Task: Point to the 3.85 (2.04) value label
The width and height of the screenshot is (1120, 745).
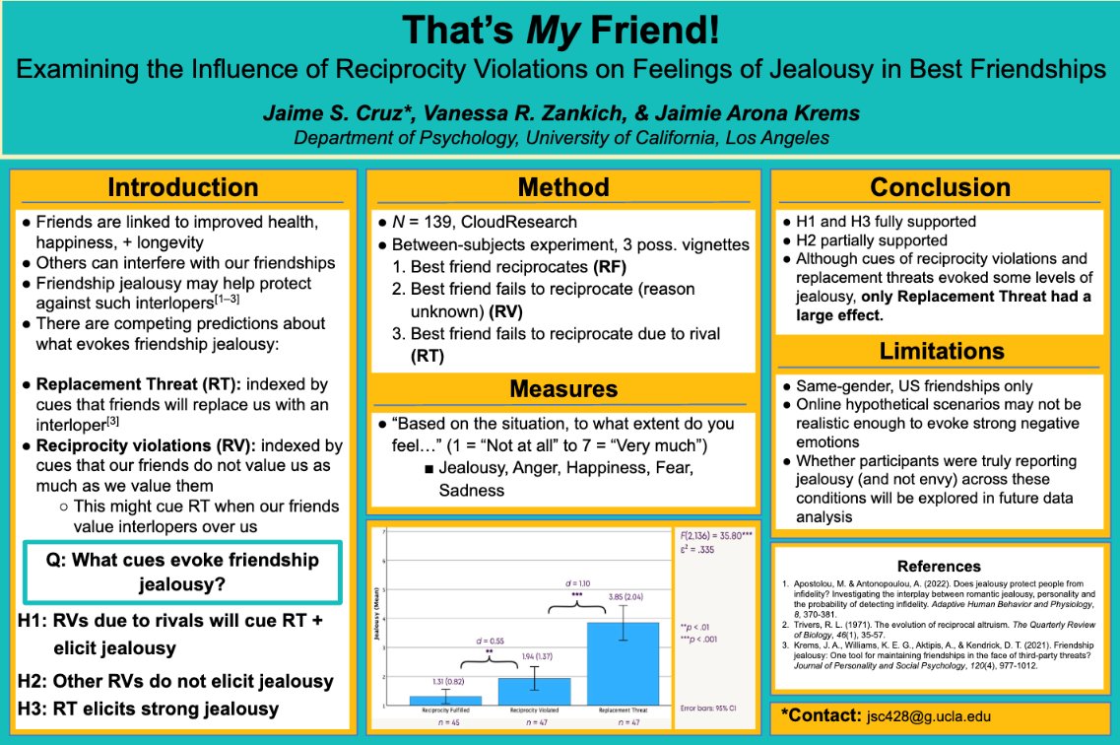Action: point(621,596)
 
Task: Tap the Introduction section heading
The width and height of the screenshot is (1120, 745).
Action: point(183,187)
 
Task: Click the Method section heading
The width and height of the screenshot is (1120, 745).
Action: point(563,187)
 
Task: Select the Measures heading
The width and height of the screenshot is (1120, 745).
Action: point(563,389)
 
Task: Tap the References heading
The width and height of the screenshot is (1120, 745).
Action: point(940,566)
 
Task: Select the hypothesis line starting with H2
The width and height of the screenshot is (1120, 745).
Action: point(176,681)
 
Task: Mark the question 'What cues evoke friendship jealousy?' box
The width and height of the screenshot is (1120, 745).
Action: point(182,572)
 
